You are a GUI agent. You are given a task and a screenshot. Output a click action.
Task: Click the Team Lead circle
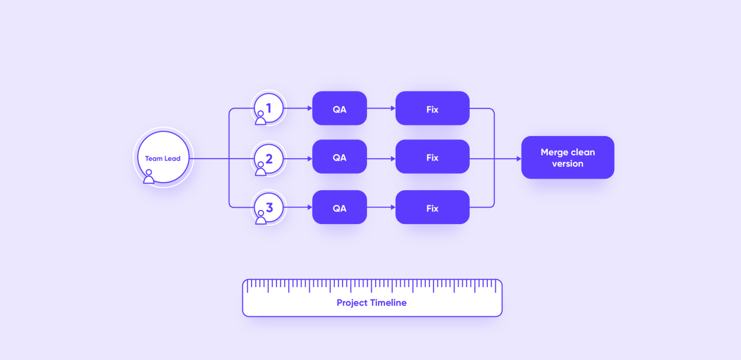click(163, 157)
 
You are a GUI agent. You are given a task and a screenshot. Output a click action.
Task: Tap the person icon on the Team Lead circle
click(149, 176)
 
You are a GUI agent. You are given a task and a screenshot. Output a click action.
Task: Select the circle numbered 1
click(268, 108)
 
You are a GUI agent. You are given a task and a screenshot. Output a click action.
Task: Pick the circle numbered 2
click(268, 159)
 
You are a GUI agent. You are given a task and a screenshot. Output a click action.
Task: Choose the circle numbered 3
click(268, 208)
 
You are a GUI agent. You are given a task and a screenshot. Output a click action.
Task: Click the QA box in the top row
click(340, 108)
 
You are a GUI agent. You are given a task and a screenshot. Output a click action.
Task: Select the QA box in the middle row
click(340, 156)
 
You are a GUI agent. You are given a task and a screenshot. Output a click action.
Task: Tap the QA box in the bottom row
click(340, 207)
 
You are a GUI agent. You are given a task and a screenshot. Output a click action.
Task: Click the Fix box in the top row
click(432, 108)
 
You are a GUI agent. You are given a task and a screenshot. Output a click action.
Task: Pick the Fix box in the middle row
click(432, 156)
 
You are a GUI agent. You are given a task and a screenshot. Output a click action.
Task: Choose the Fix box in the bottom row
click(432, 207)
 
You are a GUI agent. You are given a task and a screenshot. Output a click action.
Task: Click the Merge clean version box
click(568, 158)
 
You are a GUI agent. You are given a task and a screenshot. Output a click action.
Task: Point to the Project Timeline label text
click(372, 303)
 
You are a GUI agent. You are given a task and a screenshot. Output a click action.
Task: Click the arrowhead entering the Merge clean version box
click(519, 159)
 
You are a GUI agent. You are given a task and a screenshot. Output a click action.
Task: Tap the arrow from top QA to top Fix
click(381, 108)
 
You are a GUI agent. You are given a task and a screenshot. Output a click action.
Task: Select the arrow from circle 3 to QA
click(298, 207)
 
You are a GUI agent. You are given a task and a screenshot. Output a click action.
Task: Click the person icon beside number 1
click(261, 118)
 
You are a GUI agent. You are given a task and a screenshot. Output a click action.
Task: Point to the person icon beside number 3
click(261, 218)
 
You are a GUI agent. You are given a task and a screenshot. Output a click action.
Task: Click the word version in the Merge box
click(568, 163)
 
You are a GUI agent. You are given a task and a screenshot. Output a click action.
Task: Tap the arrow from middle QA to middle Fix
click(381, 159)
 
